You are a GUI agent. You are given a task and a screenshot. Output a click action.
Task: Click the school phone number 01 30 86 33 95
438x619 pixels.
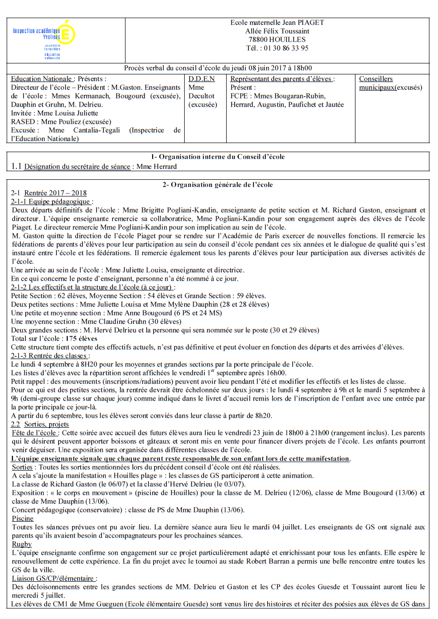click(285, 48)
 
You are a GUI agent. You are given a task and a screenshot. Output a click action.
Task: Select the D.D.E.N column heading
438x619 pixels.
click(201, 79)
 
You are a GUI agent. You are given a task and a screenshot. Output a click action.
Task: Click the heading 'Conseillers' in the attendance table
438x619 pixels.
click(375, 79)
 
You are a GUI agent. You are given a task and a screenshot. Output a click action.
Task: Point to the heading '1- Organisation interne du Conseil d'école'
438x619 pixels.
click(218, 156)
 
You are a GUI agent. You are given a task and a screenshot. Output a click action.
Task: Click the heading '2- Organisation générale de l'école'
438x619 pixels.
click(218, 185)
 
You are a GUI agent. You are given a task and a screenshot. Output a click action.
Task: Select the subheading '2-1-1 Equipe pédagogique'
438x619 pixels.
click(52, 202)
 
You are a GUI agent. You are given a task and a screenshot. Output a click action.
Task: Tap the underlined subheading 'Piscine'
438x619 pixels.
click(22, 518)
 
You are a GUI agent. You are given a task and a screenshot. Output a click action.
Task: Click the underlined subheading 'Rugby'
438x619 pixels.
click(21, 544)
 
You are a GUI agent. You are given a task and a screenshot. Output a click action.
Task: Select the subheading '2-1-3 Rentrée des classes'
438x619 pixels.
click(50, 356)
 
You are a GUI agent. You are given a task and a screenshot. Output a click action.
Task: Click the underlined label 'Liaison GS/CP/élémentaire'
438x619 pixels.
click(54, 578)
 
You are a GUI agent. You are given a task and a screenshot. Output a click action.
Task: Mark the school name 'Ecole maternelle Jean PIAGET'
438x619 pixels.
click(277, 22)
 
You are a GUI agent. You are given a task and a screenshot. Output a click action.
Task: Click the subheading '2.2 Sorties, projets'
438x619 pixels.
click(40, 424)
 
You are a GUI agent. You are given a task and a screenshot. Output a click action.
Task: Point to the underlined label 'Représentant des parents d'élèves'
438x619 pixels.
click(282, 79)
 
